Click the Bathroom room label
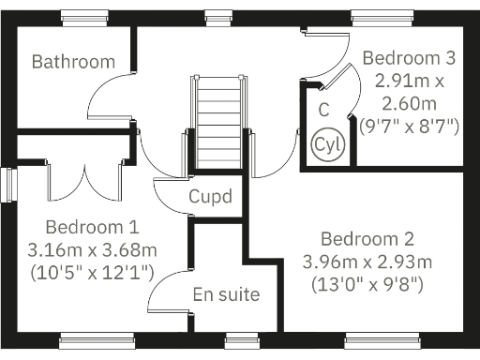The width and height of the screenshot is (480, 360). (x=73, y=62)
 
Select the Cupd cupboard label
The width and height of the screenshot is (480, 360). (x=210, y=197)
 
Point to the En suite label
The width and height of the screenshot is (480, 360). (x=226, y=294)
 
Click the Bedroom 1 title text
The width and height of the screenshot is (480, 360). (x=92, y=227)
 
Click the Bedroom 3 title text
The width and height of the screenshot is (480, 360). (x=409, y=57)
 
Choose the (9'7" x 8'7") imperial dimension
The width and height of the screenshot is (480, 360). (x=409, y=125)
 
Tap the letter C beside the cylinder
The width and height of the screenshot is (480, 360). (x=323, y=109)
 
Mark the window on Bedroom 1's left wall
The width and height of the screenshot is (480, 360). (x=7, y=184)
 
